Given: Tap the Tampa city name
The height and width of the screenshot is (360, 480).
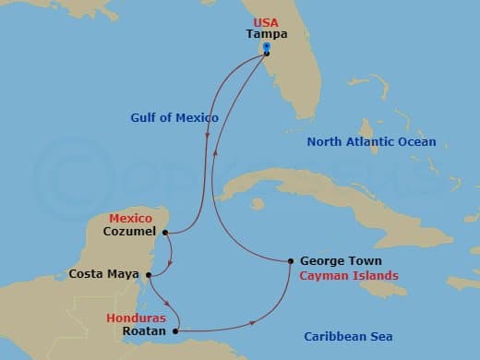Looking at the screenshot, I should (x=266, y=33).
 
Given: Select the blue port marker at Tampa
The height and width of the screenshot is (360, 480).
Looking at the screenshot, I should (x=266, y=46).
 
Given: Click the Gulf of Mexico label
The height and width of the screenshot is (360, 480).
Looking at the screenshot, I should (x=174, y=118).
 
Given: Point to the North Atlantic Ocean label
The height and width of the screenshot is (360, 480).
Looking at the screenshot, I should (x=372, y=142).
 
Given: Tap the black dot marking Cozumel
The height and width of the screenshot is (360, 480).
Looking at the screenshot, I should (x=165, y=233).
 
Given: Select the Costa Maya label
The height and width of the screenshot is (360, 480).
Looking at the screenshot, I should (x=103, y=274).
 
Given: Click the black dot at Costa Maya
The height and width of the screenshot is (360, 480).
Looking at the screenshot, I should (x=149, y=273).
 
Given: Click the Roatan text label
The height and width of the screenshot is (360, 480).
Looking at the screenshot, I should (x=143, y=330).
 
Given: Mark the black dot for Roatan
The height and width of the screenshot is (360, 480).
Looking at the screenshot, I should (x=175, y=330).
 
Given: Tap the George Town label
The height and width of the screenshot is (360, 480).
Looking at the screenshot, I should (x=342, y=261).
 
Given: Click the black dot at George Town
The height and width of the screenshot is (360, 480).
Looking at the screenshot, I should (x=291, y=261).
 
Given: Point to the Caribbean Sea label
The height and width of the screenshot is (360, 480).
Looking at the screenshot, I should (x=349, y=337).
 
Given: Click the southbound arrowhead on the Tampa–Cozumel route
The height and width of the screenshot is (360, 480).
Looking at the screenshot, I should (x=208, y=138).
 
